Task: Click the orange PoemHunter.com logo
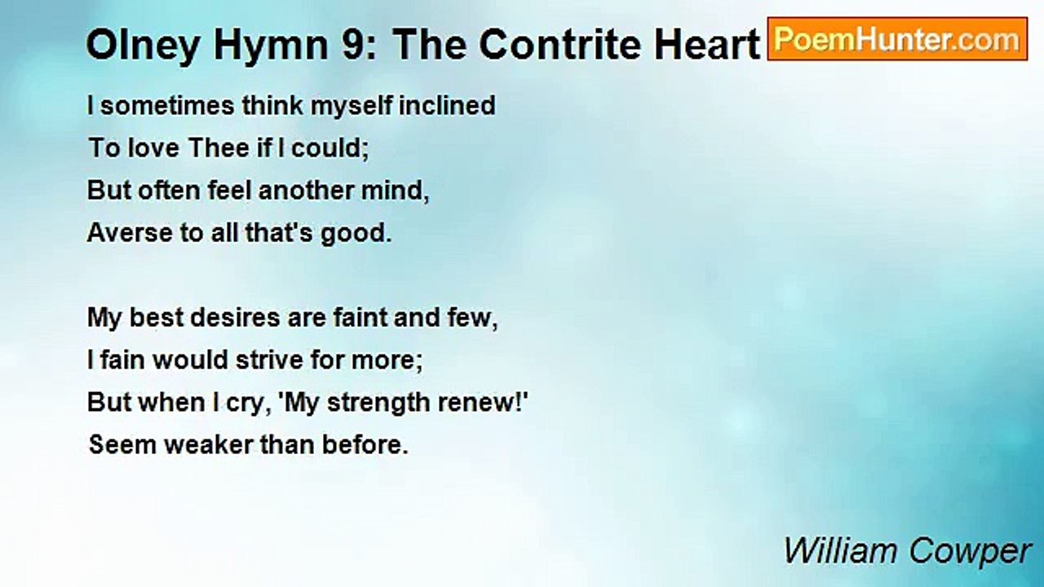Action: pyautogui.click(x=897, y=39)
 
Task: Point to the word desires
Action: pyautogui.click(x=237, y=318)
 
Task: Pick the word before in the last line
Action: pyautogui.click(x=365, y=445)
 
